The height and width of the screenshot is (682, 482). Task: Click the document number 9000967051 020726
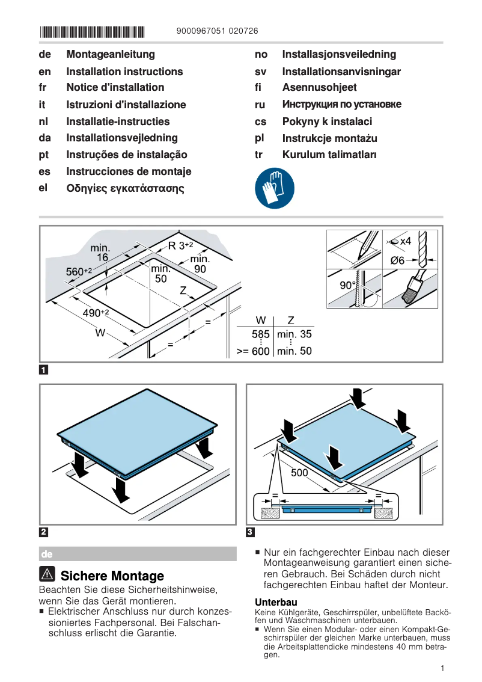tap(218, 32)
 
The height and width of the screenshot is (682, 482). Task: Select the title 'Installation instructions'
tap(124, 72)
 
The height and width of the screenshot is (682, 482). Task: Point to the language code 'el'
tap(43, 188)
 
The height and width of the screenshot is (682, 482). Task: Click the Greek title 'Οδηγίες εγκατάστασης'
tap(125, 188)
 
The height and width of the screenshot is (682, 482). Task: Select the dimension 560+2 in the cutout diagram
tap(78, 272)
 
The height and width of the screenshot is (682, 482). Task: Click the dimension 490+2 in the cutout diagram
tap(96, 313)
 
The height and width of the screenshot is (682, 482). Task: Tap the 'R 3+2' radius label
tap(180, 245)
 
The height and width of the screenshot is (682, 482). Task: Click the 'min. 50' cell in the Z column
tap(294, 351)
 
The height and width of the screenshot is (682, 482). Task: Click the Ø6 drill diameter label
tap(398, 260)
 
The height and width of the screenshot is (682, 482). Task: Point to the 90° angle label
tap(348, 286)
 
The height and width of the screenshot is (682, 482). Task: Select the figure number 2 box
tap(44, 532)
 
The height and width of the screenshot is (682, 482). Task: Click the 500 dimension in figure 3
tap(299, 473)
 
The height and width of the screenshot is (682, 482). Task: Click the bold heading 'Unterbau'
tap(276, 602)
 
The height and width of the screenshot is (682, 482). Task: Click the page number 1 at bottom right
tap(442, 668)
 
